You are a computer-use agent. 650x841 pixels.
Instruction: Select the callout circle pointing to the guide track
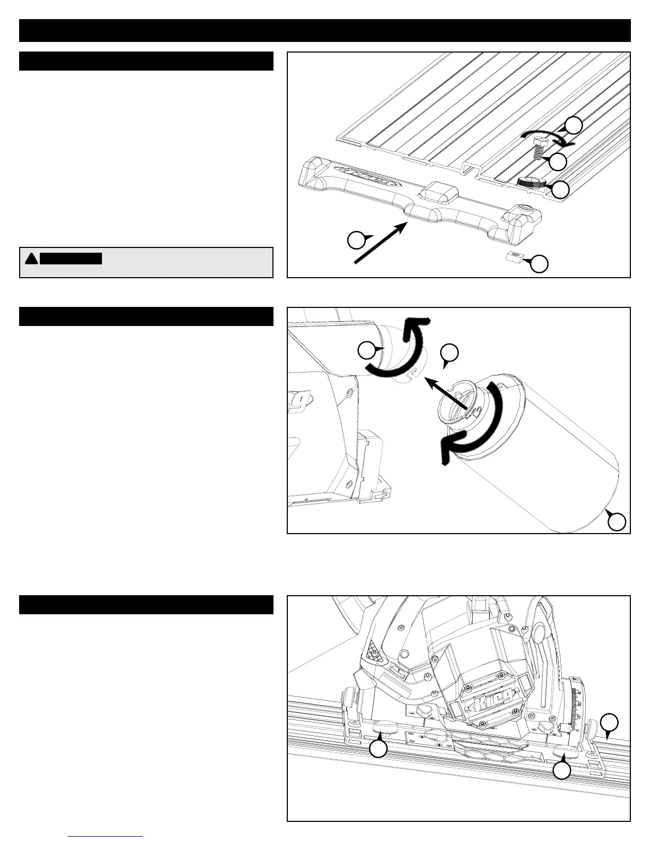pos(610,724)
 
